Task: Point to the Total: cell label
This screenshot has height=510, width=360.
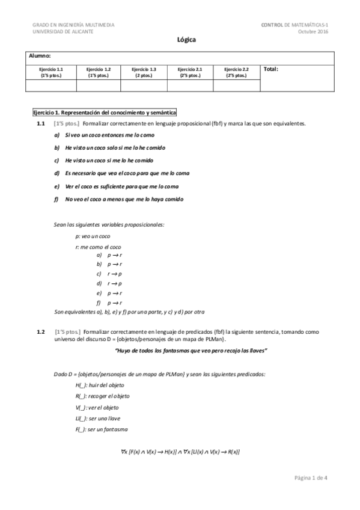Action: (x=271, y=69)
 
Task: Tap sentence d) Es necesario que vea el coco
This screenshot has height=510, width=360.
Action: (x=122, y=173)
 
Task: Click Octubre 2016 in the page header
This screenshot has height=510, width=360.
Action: (x=314, y=31)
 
